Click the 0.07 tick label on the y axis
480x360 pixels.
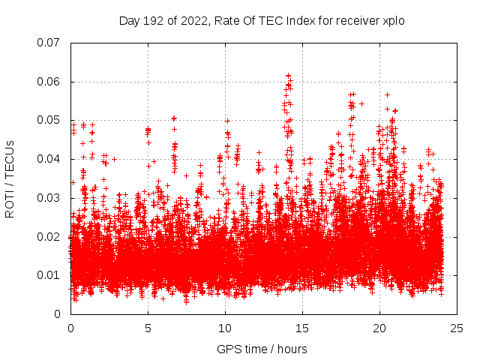click(x=49, y=43)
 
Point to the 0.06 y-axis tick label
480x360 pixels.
click(x=49, y=82)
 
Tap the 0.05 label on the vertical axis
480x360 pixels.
click(x=49, y=120)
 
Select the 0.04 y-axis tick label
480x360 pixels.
click(x=49, y=159)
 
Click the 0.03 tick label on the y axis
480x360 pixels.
click(x=49, y=198)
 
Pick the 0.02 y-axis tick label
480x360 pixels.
click(x=49, y=236)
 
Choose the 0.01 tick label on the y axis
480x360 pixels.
click(x=49, y=275)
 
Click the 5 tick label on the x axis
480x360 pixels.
click(x=148, y=328)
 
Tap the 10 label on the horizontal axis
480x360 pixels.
click(x=225, y=328)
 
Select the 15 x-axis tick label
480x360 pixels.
click(x=302, y=328)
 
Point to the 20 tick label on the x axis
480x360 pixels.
click(x=379, y=328)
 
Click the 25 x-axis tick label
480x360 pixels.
click(x=457, y=328)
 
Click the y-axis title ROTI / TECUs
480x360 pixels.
click(x=10, y=178)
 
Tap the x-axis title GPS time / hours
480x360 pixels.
click(x=262, y=349)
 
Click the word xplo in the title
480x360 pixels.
click(x=393, y=20)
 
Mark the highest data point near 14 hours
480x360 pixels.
click(x=288, y=75)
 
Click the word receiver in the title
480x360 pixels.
click(x=355, y=20)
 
